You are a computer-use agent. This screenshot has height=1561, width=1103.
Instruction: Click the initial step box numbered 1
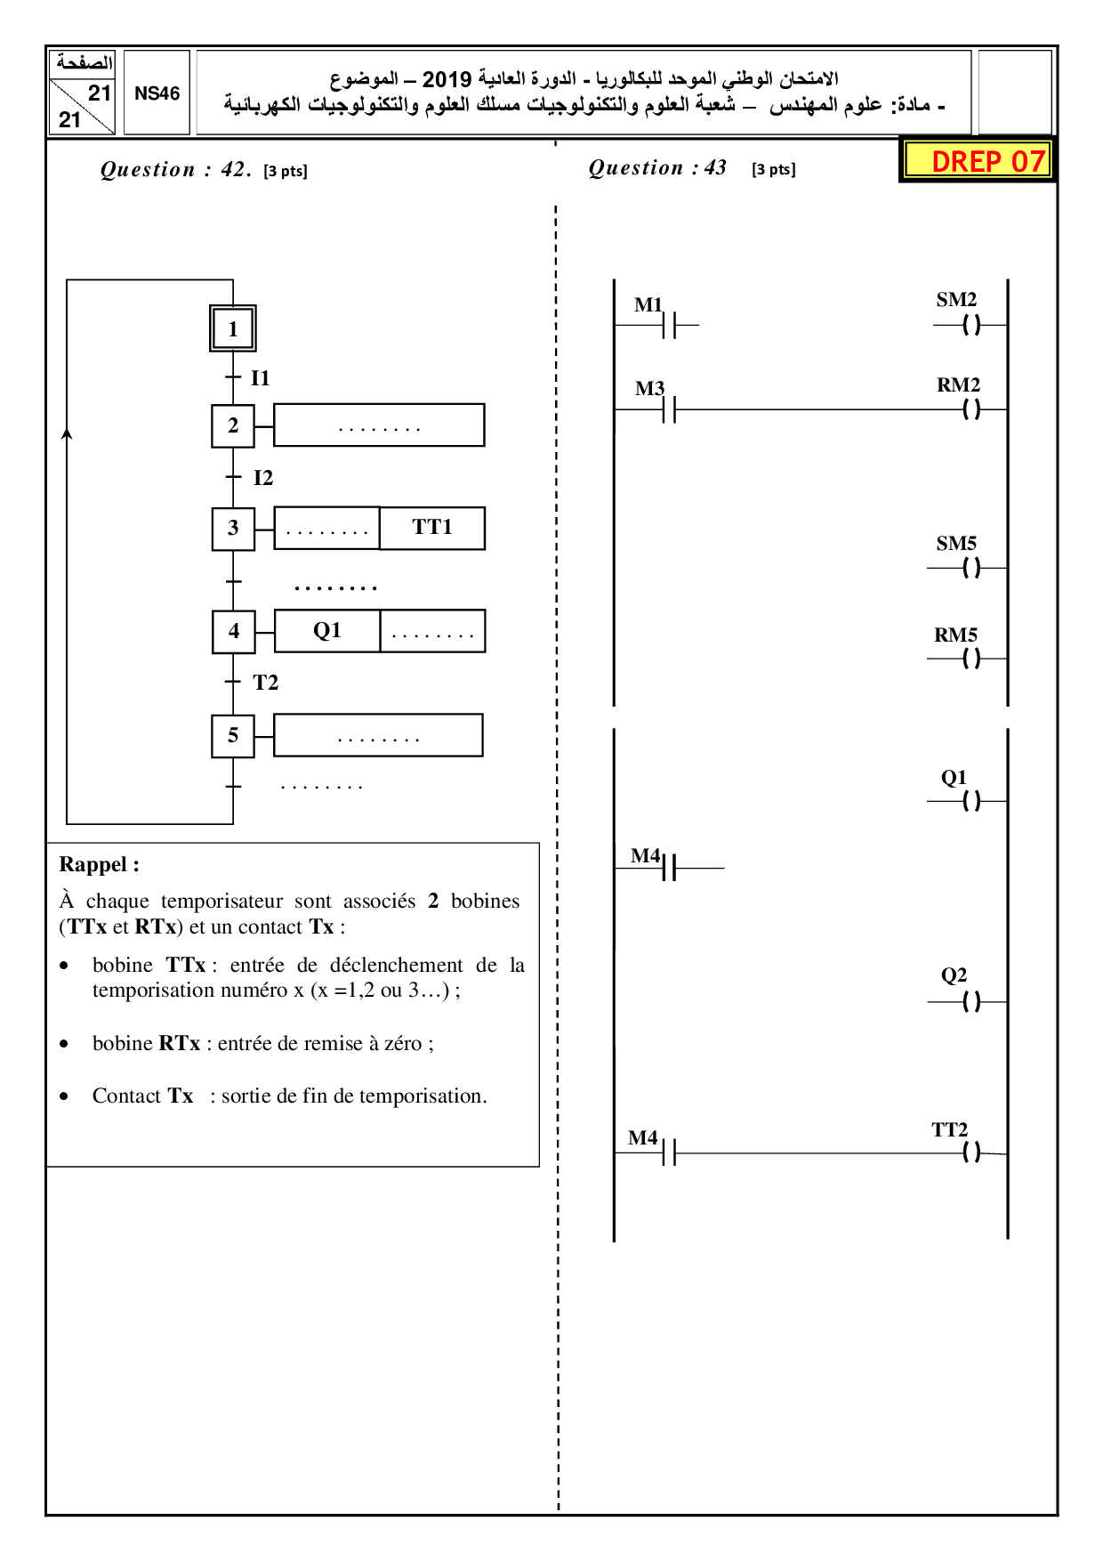click(x=233, y=328)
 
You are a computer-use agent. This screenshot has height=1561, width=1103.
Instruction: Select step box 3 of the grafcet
click(x=233, y=529)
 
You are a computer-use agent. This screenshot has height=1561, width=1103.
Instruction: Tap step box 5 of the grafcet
click(x=233, y=736)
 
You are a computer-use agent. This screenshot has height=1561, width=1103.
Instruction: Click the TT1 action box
click(x=432, y=528)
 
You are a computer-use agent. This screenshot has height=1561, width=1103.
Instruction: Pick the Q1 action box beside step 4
click(x=327, y=631)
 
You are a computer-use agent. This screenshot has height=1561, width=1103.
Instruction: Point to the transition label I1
click(x=260, y=378)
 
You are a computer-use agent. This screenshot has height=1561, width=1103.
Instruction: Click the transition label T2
click(x=265, y=683)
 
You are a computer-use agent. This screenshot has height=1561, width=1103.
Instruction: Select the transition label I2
click(x=262, y=478)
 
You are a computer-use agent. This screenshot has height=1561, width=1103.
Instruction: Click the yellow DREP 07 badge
click(x=978, y=161)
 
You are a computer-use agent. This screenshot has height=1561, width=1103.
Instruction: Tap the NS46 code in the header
click(x=157, y=93)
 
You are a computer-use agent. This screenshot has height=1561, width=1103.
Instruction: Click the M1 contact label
click(x=648, y=305)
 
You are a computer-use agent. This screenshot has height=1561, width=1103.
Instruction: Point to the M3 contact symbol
click(x=669, y=410)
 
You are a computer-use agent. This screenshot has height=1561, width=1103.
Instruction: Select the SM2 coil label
click(x=956, y=300)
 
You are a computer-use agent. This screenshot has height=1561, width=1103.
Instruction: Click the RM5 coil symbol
click(x=971, y=659)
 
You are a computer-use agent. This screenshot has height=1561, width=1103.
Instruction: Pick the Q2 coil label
click(x=954, y=975)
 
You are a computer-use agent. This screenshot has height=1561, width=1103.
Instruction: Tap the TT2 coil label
click(x=949, y=1130)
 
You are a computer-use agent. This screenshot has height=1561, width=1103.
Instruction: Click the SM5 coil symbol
click(x=971, y=568)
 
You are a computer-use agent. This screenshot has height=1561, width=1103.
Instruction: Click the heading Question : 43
click(x=657, y=168)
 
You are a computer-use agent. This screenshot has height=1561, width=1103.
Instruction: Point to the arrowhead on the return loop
click(x=67, y=434)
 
